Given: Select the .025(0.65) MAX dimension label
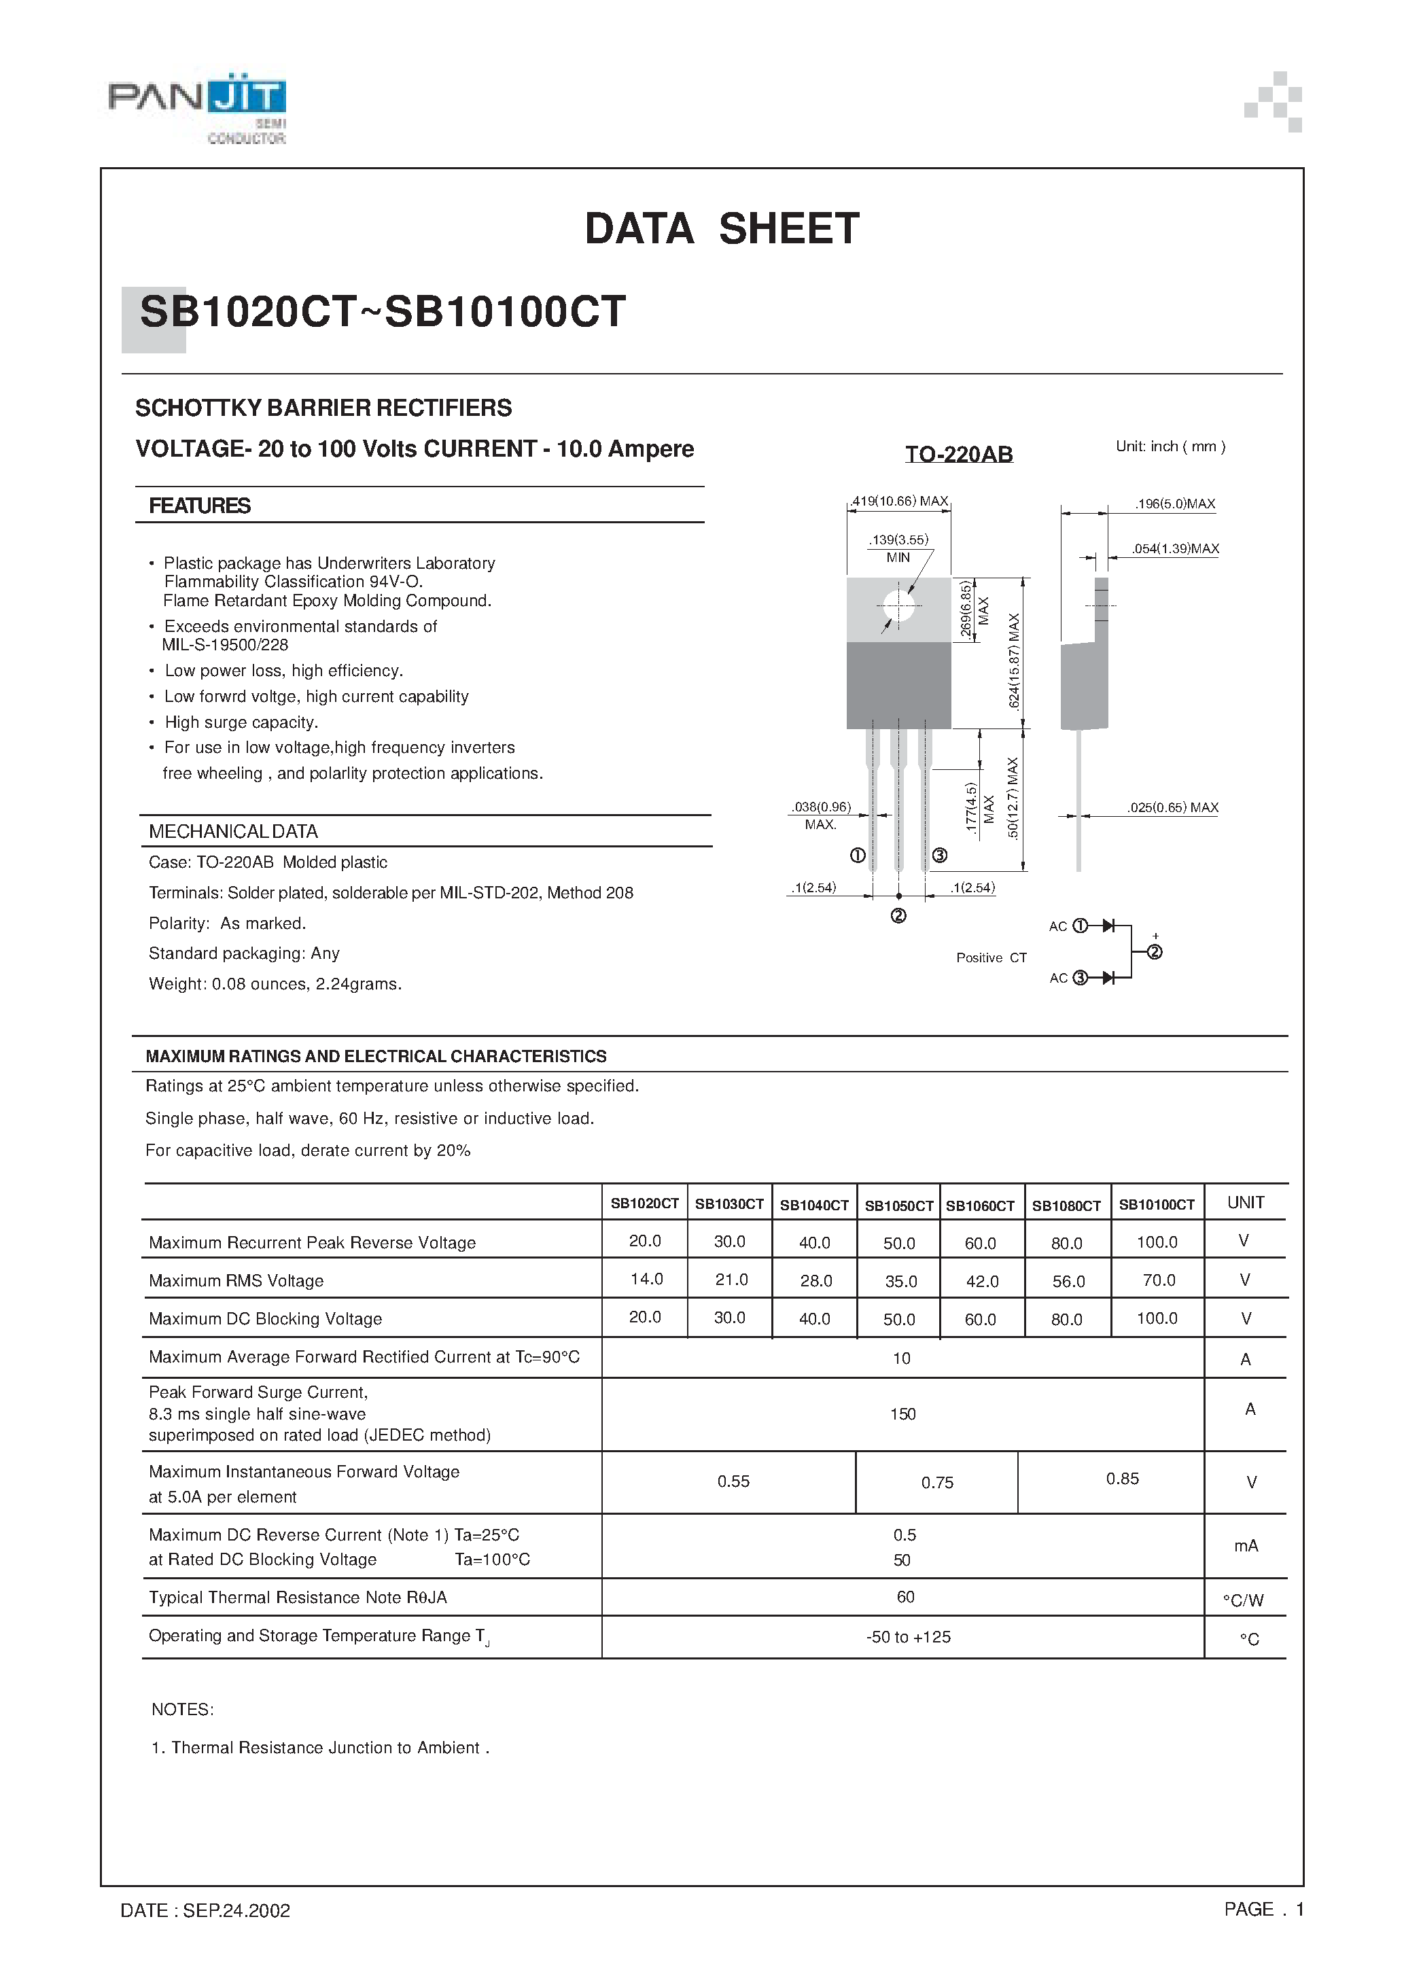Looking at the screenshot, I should (1172, 807).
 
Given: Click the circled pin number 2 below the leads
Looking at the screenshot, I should (898, 915).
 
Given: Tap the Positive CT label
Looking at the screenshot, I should (991, 957).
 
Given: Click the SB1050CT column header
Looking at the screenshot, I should (898, 1206).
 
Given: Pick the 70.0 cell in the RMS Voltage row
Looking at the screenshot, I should (1158, 1280).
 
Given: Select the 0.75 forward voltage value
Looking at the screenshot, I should (936, 1483).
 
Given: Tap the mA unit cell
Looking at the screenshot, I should (1246, 1546).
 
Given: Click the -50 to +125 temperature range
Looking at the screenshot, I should (908, 1636).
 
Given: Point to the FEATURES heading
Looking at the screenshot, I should (199, 506).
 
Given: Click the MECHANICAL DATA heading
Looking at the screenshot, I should (233, 832).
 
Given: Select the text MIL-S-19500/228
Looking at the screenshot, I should (225, 645).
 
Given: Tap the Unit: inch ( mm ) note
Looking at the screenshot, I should (1170, 446).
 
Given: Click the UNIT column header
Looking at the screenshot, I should (1246, 1202).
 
